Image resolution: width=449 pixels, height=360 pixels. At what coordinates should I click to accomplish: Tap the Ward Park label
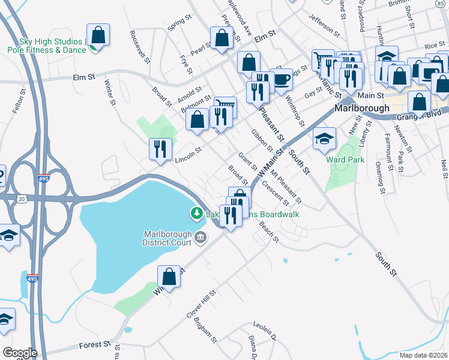coord(345,160)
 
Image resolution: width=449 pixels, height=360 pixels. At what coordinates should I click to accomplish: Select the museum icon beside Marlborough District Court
coord(200,239)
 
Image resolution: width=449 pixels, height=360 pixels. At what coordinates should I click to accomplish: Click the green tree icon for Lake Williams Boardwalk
coord(196,213)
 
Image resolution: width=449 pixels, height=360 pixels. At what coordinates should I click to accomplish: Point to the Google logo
coord(20,353)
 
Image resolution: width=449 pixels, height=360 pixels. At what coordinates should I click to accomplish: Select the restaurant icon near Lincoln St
coord(160,149)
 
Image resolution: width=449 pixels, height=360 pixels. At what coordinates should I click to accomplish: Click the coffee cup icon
coord(281,79)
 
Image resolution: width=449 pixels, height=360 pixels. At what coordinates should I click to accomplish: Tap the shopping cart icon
coord(323,60)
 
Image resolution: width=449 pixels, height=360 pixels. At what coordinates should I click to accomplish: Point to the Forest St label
coord(94,346)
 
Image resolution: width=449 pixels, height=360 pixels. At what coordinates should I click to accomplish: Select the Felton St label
coord(18,103)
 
